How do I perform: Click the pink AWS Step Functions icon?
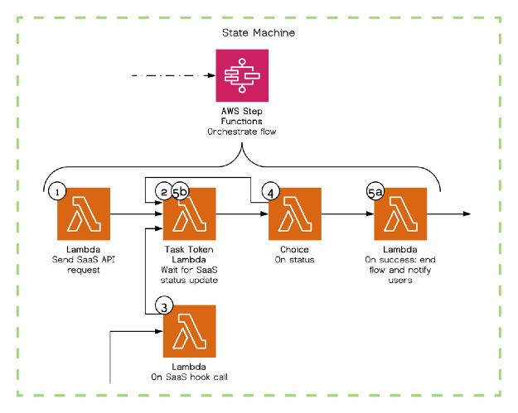[240, 76]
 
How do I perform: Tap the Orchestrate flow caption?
[240, 132]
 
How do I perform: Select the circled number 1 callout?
[56, 191]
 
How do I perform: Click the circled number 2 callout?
[164, 192]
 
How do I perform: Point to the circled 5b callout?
[181, 192]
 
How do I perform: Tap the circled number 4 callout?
[271, 191]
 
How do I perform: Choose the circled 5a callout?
[375, 192]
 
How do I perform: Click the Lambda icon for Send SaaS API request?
[84, 214]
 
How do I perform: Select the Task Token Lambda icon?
[189, 214]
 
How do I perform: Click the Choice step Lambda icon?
[294, 214]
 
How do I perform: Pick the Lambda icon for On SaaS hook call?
[189, 331]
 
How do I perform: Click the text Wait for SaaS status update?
[189, 275]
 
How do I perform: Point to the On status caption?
[295, 259]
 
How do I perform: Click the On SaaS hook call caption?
[189, 377]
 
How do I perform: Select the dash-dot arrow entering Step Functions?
[166, 76]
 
